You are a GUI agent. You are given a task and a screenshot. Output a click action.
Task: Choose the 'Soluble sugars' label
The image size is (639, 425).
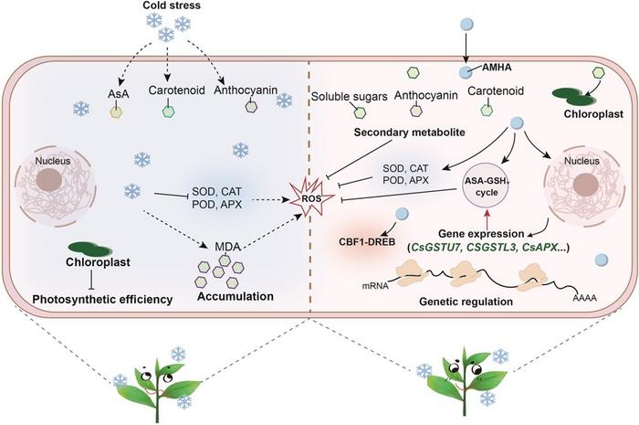346,96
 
